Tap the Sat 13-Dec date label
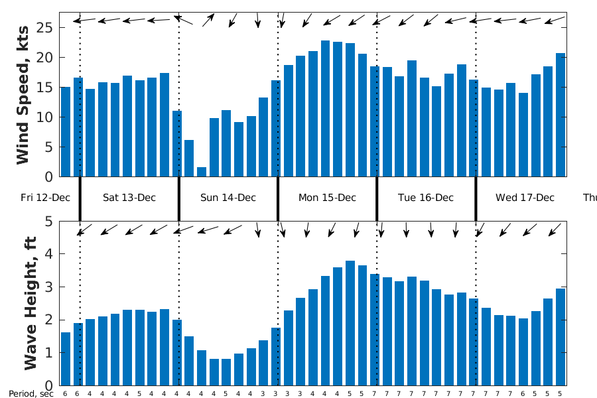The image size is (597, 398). (129, 198)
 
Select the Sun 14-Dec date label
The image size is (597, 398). (228, 198)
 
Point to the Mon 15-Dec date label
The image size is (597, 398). (327, 198)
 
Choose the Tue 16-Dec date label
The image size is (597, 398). (426, 198)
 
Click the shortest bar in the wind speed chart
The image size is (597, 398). (202, 172)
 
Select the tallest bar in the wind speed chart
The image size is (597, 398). (325, 109)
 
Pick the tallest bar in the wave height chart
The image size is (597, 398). (350, 323)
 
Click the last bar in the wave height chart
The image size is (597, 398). (561, 337)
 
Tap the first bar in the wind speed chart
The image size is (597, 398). (65, 132)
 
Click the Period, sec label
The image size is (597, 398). (31, 393)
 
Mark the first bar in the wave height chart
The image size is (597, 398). (65, 359)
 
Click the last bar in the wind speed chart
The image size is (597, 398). (561, 115)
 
